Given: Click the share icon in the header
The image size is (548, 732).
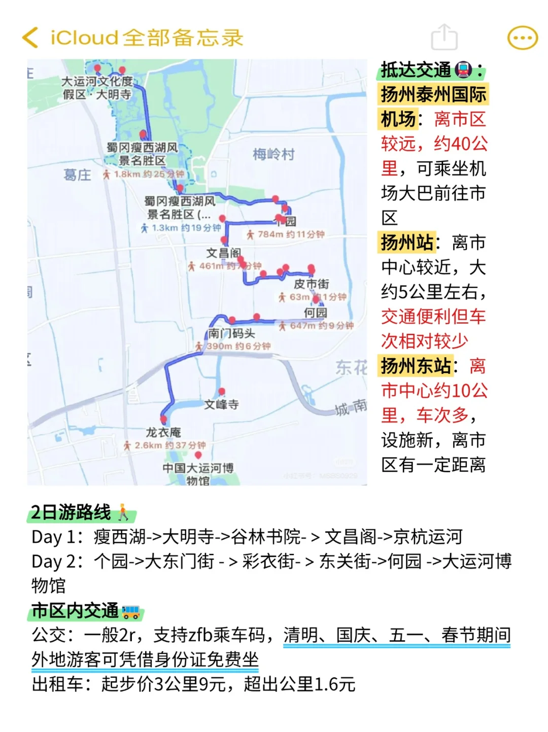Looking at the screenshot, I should coord(444,37).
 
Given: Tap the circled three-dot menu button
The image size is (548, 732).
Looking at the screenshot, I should coord(522,38).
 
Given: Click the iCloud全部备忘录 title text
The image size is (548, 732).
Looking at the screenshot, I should coord(147,38).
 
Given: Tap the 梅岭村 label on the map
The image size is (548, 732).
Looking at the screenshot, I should coord(273,154).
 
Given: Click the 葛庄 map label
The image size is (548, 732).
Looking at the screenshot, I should coord(77,175).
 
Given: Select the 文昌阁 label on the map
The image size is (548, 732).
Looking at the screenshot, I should coord(223,253).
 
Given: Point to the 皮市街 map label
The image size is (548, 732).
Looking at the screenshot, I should coord(312,284).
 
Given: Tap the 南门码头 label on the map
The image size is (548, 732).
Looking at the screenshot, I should coord(231,333).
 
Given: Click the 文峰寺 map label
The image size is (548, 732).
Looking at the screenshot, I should coord(221,404).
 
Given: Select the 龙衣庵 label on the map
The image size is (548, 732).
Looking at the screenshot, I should coord(163,432).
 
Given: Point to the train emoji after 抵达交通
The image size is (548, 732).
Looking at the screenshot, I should coord(463,70).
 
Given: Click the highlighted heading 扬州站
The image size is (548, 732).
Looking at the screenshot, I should coord(407,242).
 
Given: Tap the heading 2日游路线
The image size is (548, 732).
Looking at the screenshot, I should coord(71,512).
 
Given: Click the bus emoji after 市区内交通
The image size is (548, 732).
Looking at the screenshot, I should coord(131,611).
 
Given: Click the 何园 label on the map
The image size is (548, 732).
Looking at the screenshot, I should coord(315,312).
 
